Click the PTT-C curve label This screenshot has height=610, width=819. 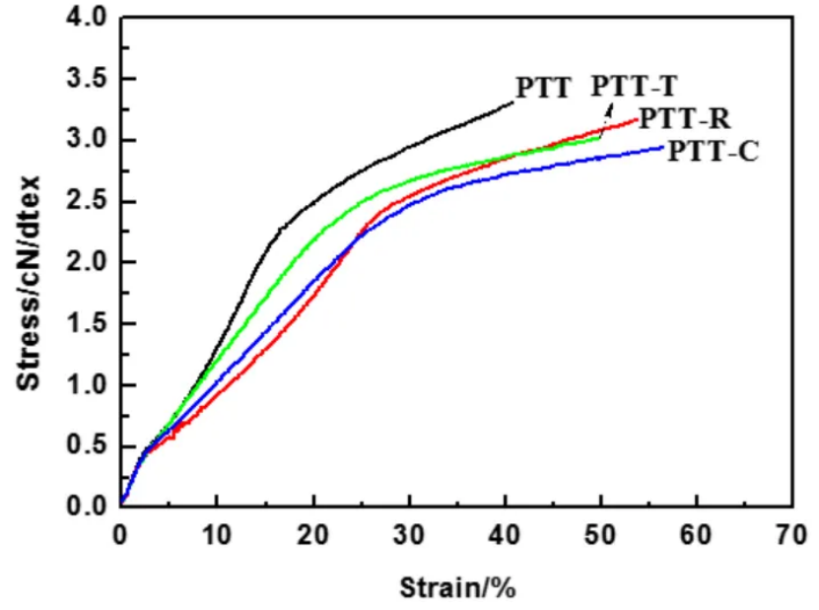pos(713,152)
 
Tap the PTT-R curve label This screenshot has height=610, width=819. pos(684,119)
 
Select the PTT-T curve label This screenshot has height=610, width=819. pos(634,87)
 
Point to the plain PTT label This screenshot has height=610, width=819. pos(543,88)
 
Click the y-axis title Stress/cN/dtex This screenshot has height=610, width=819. pos(30,281)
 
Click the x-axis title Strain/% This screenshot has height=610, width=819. pos(457,589)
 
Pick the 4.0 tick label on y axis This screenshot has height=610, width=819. pos(83,19)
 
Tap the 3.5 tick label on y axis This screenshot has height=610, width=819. pos(83,79)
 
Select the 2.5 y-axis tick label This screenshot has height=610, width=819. pos(83,201)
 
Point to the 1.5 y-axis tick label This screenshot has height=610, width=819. pos(83,323)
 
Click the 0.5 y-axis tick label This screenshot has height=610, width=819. pos(83,445)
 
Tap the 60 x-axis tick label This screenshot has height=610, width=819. pos(697,538)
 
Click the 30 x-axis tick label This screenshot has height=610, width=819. pos(409,538)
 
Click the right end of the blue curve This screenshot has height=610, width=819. pos(663,147)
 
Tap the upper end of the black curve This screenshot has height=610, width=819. pos(513,102)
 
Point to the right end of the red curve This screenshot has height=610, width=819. pos(637,119)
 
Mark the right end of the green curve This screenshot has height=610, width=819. pos(600,137)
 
